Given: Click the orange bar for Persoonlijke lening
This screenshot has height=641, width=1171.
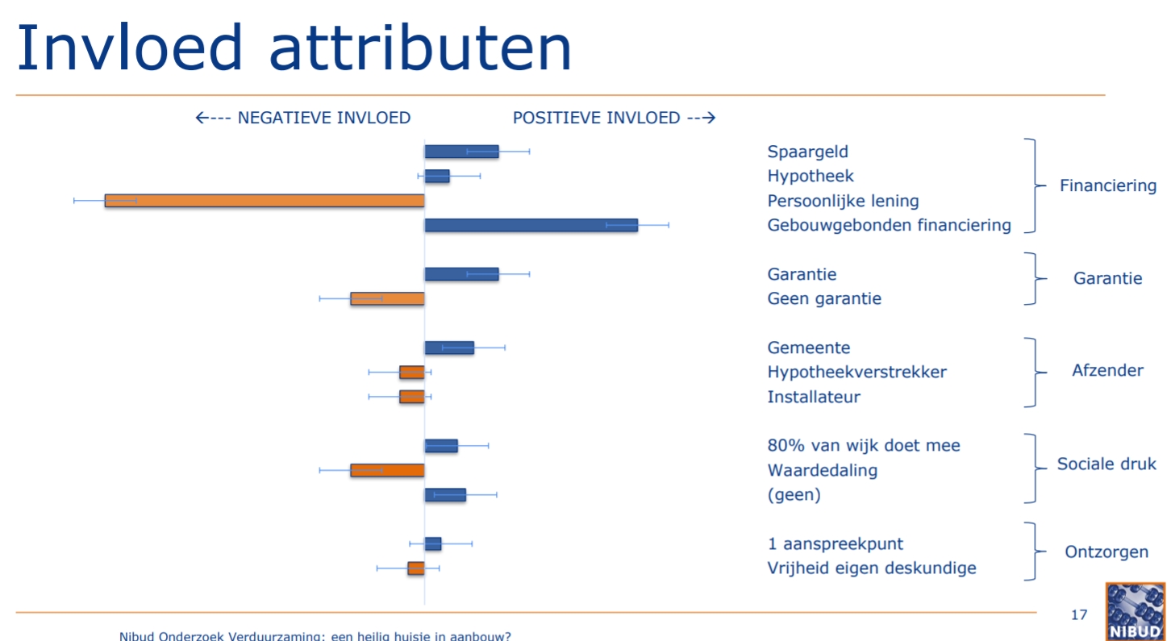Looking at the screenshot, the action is [x=265, y=201].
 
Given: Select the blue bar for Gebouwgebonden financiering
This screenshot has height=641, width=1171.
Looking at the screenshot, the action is [x=531, y=225].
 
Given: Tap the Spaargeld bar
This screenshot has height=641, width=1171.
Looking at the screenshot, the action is [x=461, y=152].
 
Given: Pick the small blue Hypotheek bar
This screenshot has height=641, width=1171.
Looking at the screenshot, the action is [x=437, y=177].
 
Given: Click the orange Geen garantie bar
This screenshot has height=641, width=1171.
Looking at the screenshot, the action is [x=387, y=298].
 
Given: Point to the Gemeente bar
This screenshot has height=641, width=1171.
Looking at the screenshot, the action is [x=449, y=348].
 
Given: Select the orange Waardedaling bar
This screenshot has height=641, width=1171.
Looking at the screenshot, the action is [x=387, y=470].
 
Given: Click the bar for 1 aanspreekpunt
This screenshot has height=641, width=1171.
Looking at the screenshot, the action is [x=433, y=543].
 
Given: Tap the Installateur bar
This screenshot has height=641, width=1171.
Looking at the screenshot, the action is [x=412, y=397].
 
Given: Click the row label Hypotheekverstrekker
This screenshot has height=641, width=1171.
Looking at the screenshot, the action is [x=856, y=373].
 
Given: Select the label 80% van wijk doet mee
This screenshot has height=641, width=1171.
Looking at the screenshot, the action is [x=864, y=445].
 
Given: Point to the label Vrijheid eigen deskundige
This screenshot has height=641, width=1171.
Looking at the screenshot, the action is [x=872, y=568].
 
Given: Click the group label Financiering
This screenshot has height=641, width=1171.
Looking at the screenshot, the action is [x=1108, y=185].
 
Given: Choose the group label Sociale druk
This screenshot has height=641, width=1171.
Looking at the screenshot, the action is [x=1106, y=464].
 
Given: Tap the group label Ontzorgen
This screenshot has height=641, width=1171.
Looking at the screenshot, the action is [x=1106, y=552].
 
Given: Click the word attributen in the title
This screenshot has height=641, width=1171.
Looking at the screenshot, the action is [x=421, y=48].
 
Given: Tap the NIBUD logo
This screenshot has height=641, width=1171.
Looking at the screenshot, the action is [x=1136, y=612].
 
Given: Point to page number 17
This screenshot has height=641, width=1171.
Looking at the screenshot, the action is [x=1078, y=615].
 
